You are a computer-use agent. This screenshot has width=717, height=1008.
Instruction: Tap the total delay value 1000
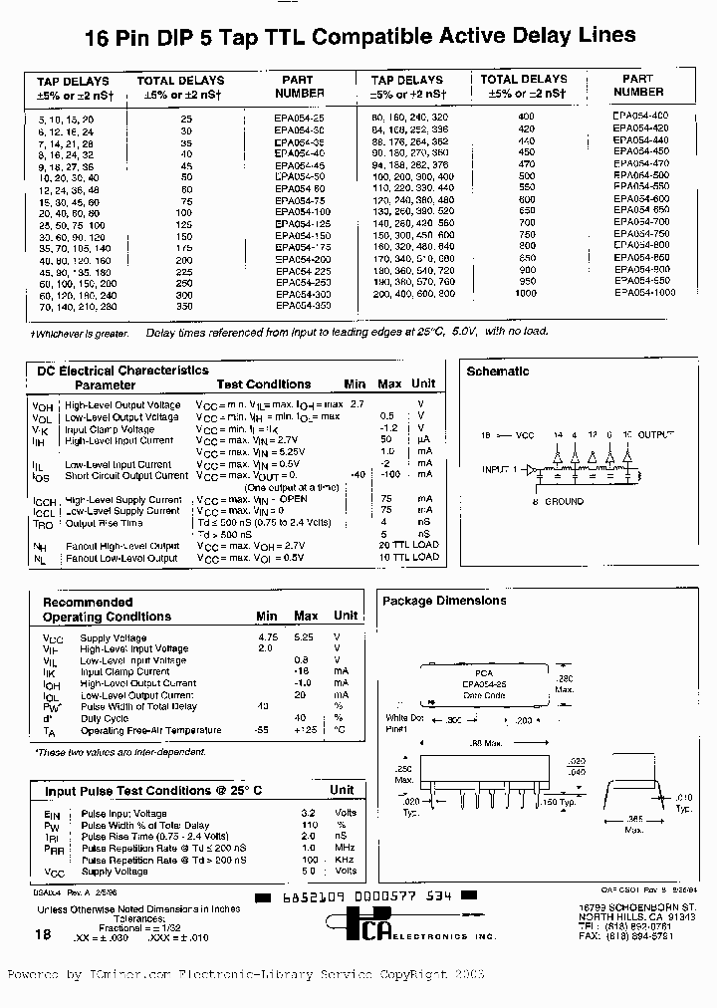point(526,294)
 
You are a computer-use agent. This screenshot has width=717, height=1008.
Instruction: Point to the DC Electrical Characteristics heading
point(122,371)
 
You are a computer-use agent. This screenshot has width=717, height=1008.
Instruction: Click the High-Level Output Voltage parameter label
point(122,405)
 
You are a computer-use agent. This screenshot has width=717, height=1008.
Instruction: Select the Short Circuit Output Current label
point(126,476)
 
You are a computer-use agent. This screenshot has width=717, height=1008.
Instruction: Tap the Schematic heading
point(498,372)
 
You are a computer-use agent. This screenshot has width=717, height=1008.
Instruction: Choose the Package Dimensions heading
point(444,601)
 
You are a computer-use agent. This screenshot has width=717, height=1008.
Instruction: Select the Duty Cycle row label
point(104,718)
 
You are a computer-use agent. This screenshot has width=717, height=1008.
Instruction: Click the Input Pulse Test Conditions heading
point(153,790)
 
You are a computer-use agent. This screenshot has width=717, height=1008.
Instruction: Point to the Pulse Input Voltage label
point(123,814)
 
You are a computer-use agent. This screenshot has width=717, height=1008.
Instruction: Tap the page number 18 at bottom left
point(42,934)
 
